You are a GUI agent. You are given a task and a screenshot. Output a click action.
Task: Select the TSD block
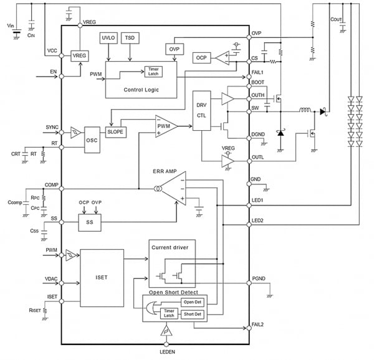click(x=130, y=39)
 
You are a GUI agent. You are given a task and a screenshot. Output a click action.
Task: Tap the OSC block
click(x=92, y=140)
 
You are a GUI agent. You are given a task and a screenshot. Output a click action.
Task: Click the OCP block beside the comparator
click(x=202, y=58)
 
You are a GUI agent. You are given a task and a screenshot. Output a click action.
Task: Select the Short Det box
click(x=191, y=315)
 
